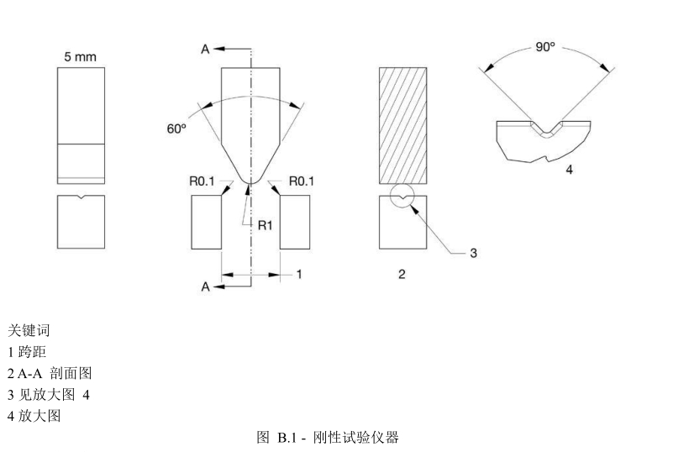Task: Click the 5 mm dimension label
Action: [x=81, y=57]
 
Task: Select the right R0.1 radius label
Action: [x=302, y=181]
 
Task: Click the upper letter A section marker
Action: [x=204, y=50]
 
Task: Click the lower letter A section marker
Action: [x=204, y=286]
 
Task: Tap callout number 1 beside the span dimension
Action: [x=298, y=274]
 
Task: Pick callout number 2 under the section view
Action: [x=402, y=275]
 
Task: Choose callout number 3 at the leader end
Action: [x=473, y=253]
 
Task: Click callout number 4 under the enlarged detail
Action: [x=569, y=170]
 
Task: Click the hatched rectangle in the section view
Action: [x=403, y=124]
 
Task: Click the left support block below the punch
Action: [x=207, y=222]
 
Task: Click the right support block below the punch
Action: [x=295, y=222]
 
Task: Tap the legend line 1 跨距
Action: [x=27, y=352]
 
